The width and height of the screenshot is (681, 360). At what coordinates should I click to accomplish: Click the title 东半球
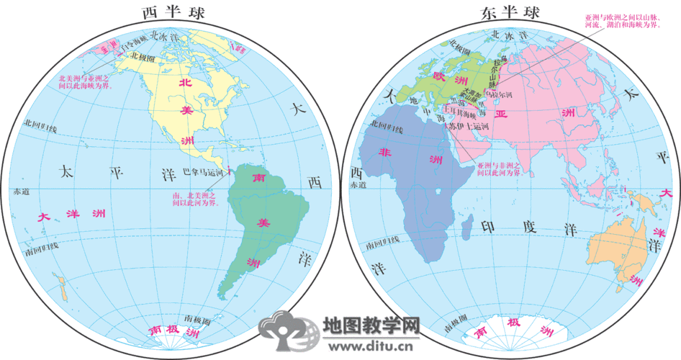[512, 12]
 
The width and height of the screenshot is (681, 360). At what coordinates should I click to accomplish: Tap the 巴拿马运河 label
[204, 173]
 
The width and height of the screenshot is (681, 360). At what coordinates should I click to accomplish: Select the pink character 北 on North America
[186, 83]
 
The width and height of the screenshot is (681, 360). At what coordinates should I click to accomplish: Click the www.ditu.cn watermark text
[371, 346]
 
